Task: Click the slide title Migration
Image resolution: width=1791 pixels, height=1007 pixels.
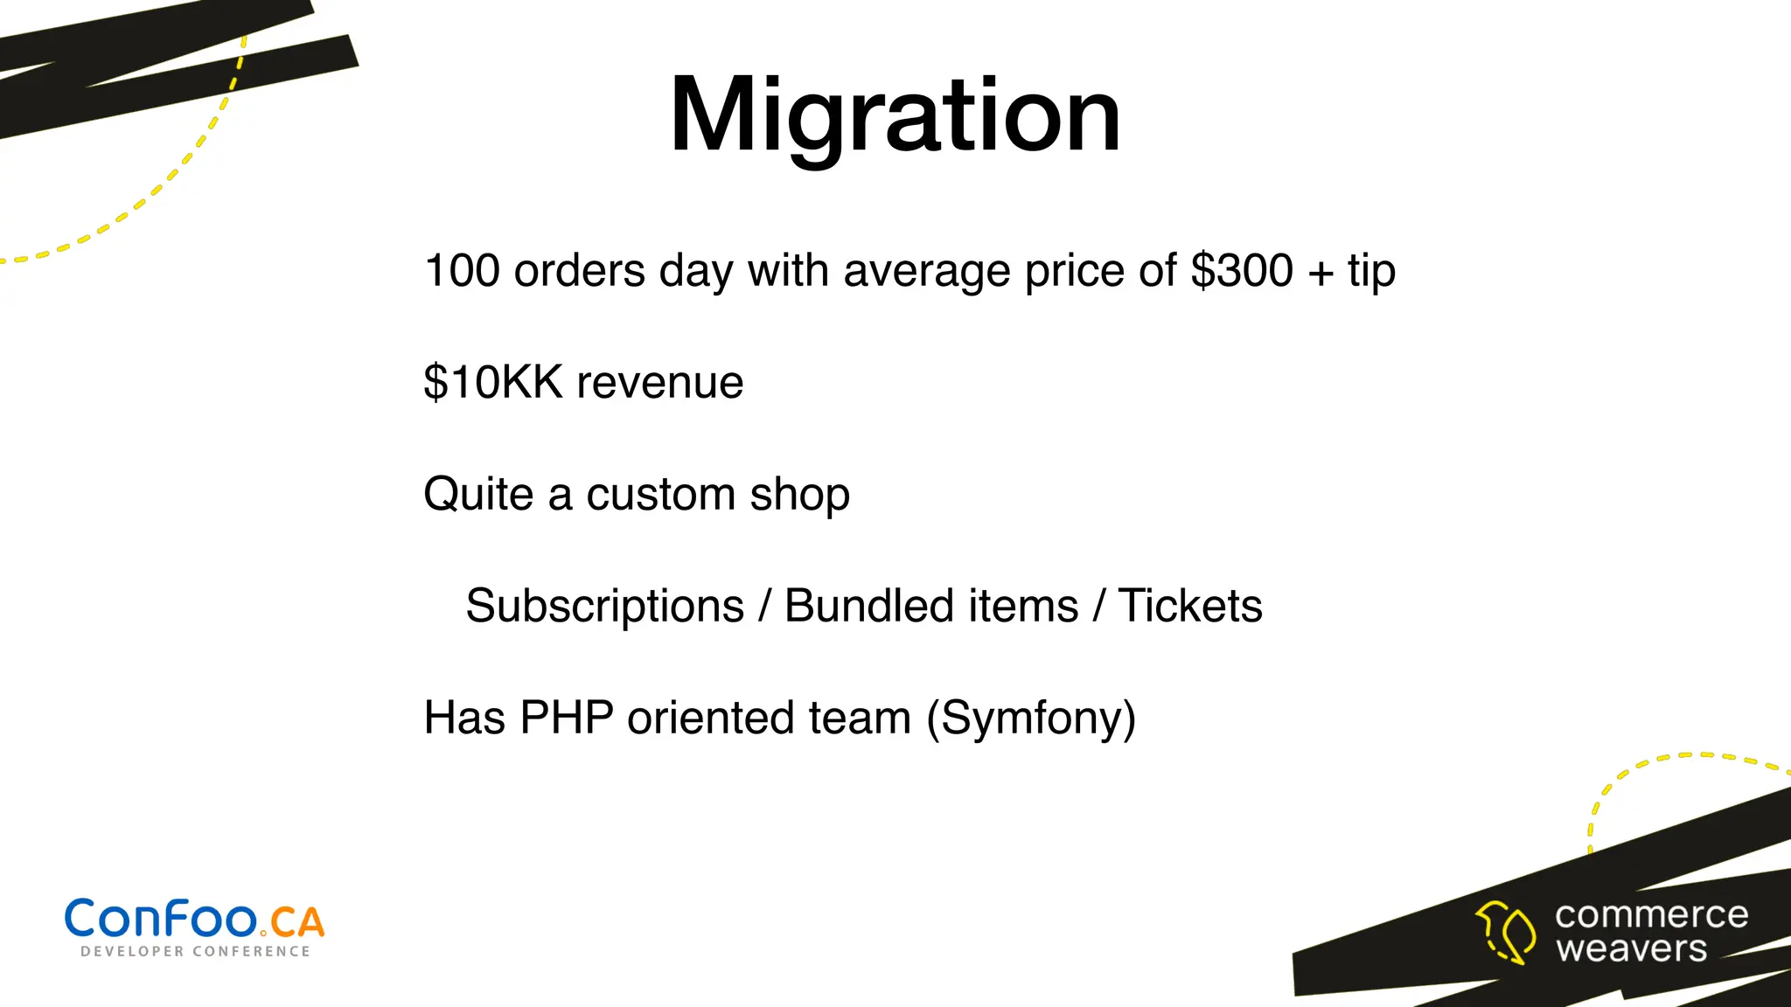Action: click(895, 115)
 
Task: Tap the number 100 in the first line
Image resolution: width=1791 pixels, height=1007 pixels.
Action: click(462, 271)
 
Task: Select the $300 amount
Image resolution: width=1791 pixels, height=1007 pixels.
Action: click(1242, 271)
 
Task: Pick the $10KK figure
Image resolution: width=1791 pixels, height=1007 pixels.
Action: click(493, 383)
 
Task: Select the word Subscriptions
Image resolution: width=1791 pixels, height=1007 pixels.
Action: click(605, 607)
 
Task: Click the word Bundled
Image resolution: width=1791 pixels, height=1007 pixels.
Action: click(931, 607)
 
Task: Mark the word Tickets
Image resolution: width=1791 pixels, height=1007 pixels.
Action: click(1190, 607)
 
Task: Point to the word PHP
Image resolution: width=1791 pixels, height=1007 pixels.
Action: click(567, 719)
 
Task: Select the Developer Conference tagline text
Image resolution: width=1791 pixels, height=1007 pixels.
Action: click(195, 952)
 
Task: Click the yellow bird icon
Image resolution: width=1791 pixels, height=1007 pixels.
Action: click(1506, 933)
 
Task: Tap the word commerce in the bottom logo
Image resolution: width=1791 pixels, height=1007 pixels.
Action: click(1651, 915)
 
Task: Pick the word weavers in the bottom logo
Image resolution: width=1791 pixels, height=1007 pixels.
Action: click(1632, 949)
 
